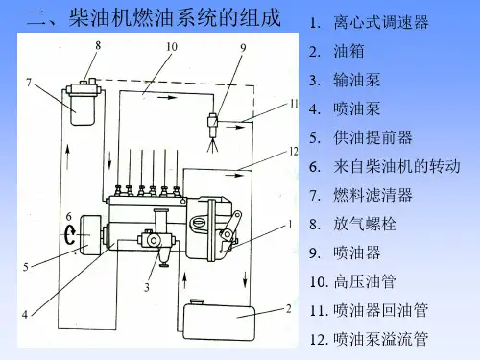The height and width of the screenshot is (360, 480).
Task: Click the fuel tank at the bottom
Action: click(219, 322)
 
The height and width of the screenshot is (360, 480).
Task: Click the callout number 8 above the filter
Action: click(98, 46)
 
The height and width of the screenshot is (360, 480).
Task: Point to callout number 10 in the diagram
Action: click(172, 47)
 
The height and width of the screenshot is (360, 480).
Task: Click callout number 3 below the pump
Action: click(147, 287)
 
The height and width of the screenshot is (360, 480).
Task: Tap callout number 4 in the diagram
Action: click(25, 315)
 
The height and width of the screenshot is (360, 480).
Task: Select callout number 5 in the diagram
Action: click(26, 267)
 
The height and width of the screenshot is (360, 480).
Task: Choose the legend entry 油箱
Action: click(348, 51)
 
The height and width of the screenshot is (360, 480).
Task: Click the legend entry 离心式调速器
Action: click(381, 22)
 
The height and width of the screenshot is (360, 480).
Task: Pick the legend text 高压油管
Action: click(365, 281)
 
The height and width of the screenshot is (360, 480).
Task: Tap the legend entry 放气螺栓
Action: click(365, 224)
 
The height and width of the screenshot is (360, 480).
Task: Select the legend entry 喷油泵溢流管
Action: click(381, 339)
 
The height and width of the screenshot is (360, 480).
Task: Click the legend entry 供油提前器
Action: click(373, 137)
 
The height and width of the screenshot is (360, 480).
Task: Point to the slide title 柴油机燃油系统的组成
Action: click(175, 17)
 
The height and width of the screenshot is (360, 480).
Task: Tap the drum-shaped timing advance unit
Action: click(90, 235)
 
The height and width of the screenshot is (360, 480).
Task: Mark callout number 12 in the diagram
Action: click(294, 152)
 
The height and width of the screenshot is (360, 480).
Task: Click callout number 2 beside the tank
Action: click(288, 309)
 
